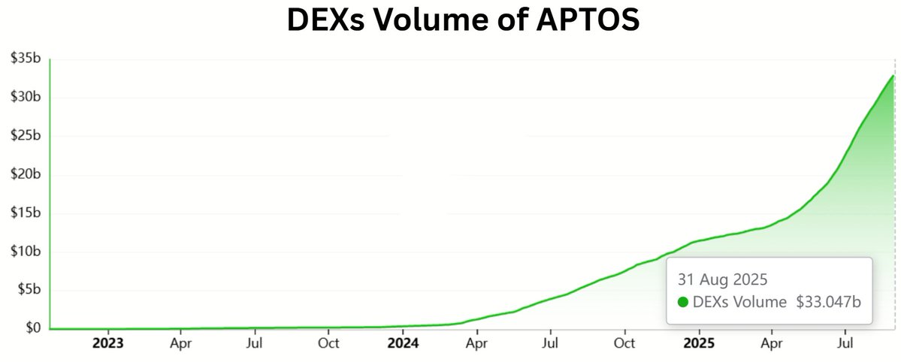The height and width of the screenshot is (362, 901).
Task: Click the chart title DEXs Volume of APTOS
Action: coord(463,20)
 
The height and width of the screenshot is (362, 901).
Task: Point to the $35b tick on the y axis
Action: coord(26,58)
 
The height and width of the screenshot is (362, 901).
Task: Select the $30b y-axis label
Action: coord(26,97)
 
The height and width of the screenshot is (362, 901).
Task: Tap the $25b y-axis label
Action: coord(26,136)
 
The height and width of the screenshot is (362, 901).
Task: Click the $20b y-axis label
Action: coord(26,174)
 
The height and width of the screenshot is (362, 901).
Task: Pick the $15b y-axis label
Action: coord(26,213)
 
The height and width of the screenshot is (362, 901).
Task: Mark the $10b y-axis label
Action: coord(26,252)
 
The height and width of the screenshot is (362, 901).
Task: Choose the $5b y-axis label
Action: coord(29,291)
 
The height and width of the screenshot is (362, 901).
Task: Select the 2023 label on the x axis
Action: coord(107,344)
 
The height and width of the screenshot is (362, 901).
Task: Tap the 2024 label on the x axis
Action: coord(404,344)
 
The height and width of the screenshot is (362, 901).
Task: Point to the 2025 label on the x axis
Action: coord(699,344)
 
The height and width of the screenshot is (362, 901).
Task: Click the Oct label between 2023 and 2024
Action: coord(329,344)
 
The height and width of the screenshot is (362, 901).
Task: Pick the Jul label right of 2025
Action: coord(846,344)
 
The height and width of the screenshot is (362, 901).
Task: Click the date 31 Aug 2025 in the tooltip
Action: coord(722,280)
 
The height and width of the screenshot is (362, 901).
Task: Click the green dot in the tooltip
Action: coord(683,302)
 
